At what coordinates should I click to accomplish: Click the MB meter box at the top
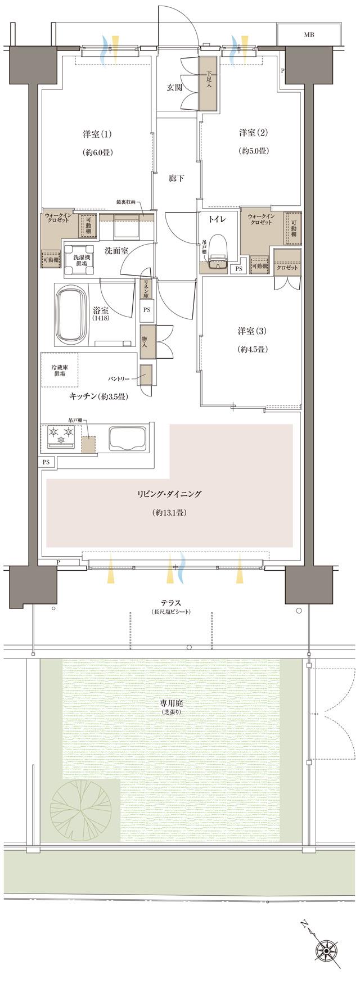[x=309, y=35]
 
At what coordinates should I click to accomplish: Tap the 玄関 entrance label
[x=174, y=87]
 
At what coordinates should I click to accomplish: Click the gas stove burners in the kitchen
[x=61, y=435]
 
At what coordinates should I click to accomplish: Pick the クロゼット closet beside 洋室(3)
[x=287, y=268]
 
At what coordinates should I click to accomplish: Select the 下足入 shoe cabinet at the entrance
[x=208, y=83]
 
